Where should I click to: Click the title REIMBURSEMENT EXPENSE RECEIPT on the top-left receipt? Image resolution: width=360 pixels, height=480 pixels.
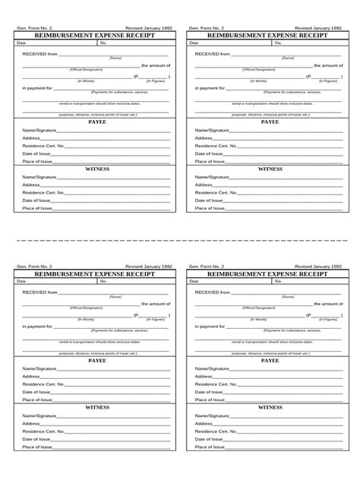pyautogui.click(x=96, y=35)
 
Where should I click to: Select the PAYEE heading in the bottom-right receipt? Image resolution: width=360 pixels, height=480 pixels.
pyautogui.click(x=270, y=361)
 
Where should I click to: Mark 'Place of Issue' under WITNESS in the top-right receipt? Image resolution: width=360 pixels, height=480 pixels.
pyautogui.click(x=210, y=207)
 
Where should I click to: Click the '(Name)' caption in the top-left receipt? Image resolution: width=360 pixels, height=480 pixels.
pyautogui.click(x=115, y=58)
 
